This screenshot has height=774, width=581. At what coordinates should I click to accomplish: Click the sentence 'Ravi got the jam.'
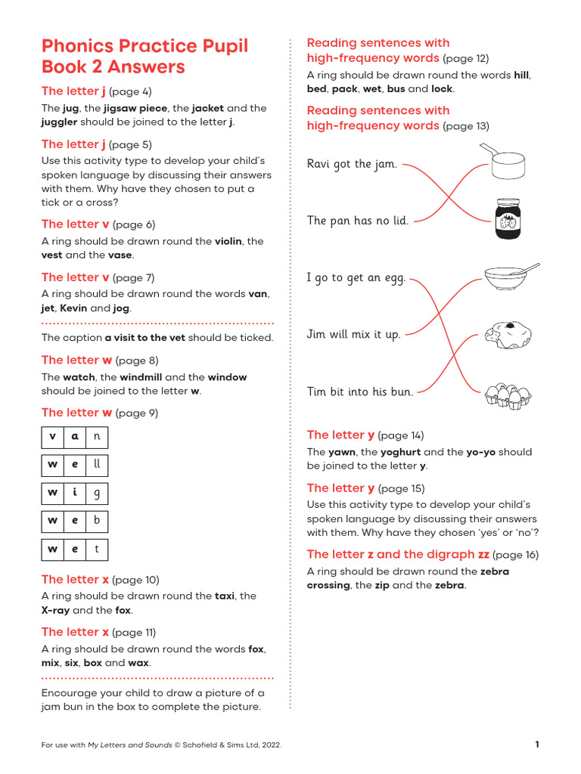(x=352, y=164)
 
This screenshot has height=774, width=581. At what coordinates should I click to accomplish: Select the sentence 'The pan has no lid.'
(x=358, y=221)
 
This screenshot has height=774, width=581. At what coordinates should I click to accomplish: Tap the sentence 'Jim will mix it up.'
(x=353, y=334)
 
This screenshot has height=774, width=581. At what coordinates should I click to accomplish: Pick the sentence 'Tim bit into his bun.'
(x=360, y=392)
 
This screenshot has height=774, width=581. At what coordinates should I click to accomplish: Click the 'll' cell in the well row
(x=96, y=465)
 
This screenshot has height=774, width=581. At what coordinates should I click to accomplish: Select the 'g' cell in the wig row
(x=96, y=493)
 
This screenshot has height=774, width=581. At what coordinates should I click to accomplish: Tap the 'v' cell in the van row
(x=52, y=437)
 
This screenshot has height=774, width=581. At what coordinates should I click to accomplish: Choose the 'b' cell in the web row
(x=96, y=521)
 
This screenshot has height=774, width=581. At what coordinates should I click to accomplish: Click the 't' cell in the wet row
(x=96, y=550)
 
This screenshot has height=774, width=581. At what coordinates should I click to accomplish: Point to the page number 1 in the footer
(x=537, y=745)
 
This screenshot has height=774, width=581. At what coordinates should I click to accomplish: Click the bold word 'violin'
(x=228, y=241)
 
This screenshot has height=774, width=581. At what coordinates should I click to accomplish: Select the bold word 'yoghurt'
(x=400, y=452)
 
